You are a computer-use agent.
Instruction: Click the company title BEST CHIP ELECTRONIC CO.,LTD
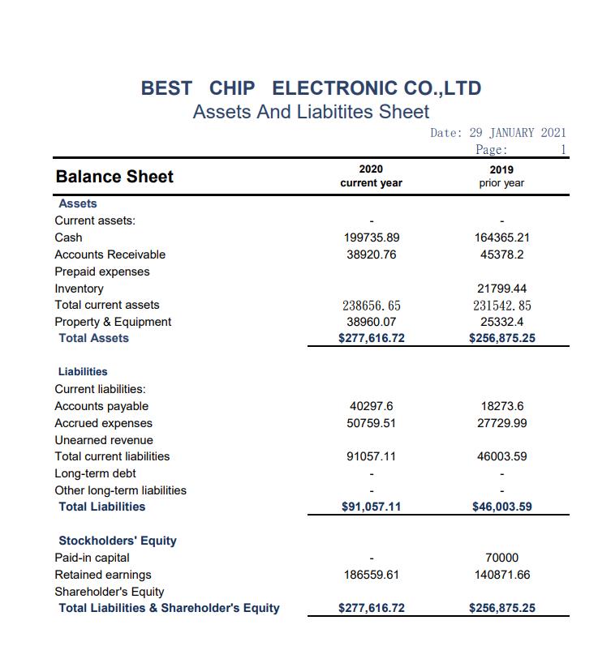tap(311, 88)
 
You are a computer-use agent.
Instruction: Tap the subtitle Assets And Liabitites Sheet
tap(311, 112)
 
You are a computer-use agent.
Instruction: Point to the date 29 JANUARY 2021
tap(518, 133)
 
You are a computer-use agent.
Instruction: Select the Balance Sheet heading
tap(114, 177)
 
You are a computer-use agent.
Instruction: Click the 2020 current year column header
tap(371, 176)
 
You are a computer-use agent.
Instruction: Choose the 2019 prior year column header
tap(501, 176)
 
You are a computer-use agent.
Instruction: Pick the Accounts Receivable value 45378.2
tap(501, 255)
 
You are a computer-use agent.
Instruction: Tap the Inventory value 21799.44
tap(501, 289)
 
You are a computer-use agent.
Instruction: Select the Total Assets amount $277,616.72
tap(372, 338)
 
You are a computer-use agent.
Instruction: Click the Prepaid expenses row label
tap(102, 272)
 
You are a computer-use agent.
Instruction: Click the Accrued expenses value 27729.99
tap(501, 423)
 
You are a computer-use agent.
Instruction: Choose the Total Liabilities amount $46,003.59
tap(501, 507)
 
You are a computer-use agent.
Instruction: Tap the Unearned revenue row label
tap(104, 440)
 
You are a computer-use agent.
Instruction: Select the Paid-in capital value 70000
tap(501, 558)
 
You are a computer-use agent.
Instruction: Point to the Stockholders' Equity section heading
tap(118, 541)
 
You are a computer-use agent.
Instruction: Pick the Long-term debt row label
tap(95, 473)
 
